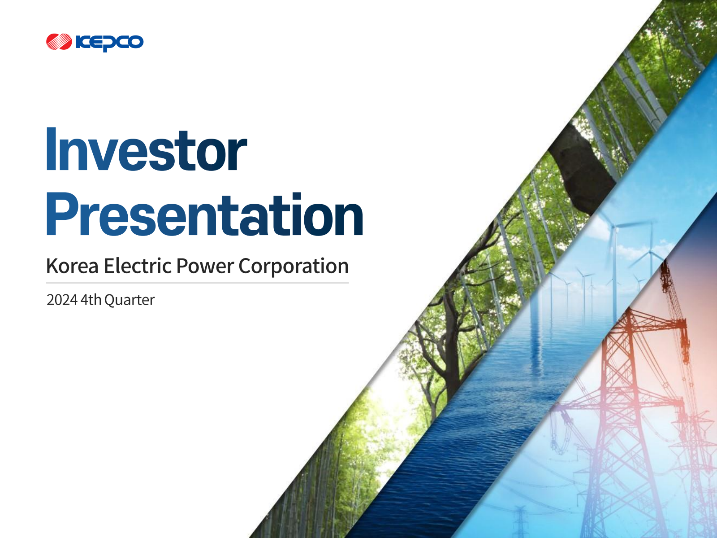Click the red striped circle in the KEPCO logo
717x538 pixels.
59,42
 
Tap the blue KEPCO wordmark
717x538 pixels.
109,43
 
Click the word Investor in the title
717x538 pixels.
147,149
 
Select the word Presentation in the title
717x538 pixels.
204,214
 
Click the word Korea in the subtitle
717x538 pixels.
72,266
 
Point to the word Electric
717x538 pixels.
138,266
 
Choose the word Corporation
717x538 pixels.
294,267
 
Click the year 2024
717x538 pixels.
62,300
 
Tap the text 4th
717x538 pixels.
91,300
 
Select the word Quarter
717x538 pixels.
130,300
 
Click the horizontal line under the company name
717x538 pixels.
197,283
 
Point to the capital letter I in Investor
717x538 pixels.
51,149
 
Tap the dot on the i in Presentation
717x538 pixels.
297,196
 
